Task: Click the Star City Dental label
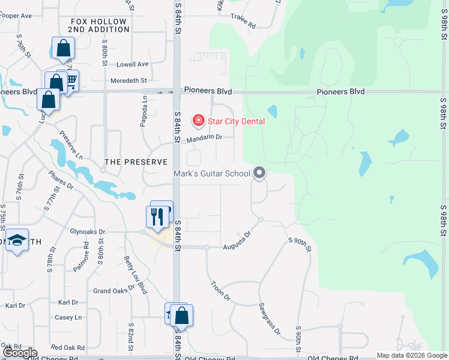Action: [236, 121]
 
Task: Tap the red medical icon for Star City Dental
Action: [197, 121]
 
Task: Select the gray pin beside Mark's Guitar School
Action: [259, 173]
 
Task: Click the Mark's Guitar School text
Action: [211, 174]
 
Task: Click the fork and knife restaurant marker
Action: [157, 217]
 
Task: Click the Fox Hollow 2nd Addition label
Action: [97, 25]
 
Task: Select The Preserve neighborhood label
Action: [135, 162]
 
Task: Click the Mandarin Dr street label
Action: [204, 139]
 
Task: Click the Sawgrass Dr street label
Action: [270, 317]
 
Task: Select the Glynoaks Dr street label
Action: [88, 232]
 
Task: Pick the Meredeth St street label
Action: [128, 80]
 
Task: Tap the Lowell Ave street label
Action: [132, 64]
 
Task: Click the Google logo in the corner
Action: [19, 353]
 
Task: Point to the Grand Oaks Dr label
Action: [113, 291]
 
